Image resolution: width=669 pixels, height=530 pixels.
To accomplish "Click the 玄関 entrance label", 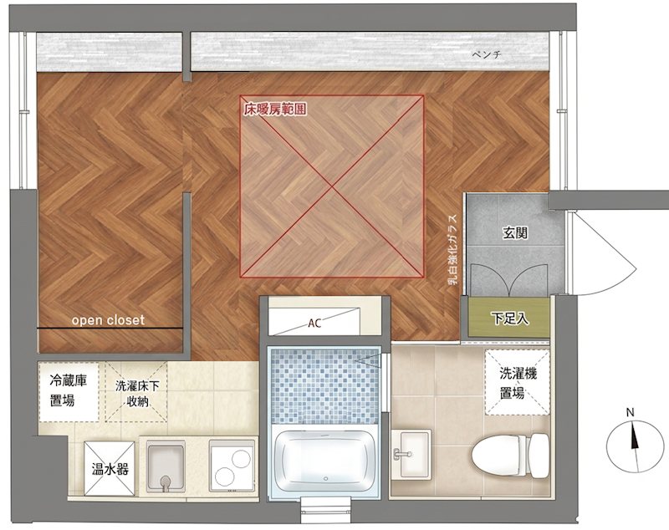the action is [515, 232].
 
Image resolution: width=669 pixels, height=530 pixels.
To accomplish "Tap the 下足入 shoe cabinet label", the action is [509, 319].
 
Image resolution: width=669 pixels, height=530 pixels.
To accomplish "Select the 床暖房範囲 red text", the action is [275, 110].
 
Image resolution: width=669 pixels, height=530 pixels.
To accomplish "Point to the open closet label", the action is [108, 320].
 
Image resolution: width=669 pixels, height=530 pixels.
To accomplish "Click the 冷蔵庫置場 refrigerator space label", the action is [69, 390].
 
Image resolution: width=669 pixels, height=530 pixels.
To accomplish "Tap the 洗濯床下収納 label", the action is [137, 394].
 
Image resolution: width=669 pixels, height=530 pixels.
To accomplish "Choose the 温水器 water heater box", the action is [110, 469].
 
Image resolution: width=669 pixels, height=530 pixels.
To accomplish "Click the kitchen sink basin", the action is [166, 466].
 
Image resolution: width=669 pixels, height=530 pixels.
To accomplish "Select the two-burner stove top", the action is [232, 466].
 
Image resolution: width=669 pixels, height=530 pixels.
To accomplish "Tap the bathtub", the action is [325, 461].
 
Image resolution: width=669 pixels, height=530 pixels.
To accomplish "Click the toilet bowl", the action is [510, 456].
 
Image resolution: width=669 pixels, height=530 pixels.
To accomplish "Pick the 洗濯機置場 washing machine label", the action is [518, 383].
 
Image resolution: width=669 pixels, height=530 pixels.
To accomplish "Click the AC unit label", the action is [314, 323].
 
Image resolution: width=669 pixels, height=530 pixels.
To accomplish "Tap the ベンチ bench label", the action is [487, 54].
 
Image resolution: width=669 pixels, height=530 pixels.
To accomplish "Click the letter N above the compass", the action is [631, 412].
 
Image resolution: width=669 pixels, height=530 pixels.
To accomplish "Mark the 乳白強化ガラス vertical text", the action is [452, 249].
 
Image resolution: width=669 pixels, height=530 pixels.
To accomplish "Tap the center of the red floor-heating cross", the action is [332, 186].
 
